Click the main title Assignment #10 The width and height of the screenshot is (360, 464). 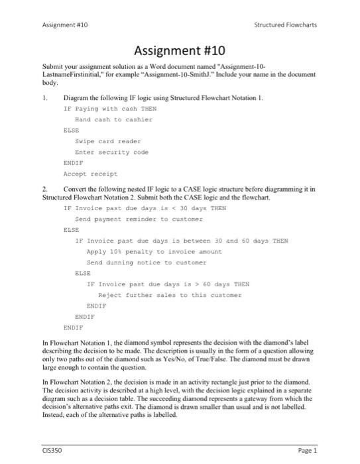tap(180, 50)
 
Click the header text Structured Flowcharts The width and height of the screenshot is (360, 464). tap(286, 25)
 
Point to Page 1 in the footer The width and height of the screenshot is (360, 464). tap(308, 450)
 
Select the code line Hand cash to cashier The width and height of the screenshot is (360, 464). tap(113, 119)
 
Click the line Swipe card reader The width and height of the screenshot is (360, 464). tap(107, 141)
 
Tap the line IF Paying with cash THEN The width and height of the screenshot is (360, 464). tap(110, 109)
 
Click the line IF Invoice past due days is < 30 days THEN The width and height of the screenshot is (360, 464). tap(145, 207)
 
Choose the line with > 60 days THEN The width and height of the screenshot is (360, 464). tap(168, 284)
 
